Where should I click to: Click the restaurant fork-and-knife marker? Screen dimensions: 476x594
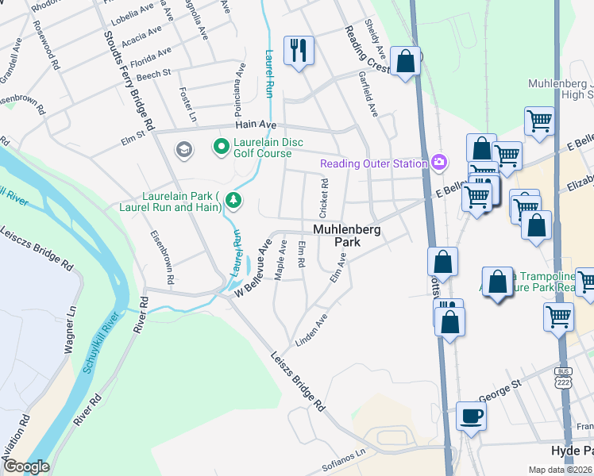tap(299, 52)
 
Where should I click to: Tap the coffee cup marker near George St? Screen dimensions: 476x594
tap(472, 416)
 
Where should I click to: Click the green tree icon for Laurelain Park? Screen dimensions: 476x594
tap(233, 198)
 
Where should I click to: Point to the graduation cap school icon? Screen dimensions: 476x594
tap(184, 150)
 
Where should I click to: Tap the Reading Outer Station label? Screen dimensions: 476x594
tap(374, 164)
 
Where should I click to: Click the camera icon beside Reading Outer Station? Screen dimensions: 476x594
tap(439, 163)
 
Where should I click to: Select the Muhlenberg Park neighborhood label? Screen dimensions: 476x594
tap(347, 236)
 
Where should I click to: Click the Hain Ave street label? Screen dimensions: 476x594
tap(255, 125)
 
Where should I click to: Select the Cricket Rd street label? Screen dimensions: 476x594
tap(323, 199)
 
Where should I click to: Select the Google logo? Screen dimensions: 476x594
tap(26, 466)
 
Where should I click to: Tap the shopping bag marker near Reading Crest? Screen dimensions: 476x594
tap(405, 62)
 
